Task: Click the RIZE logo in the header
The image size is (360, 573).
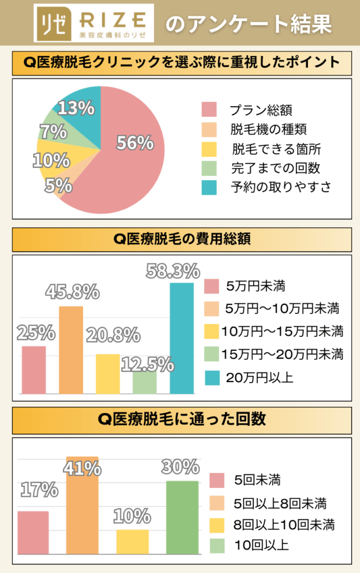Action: click(93, 23)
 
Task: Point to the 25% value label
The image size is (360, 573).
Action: click(36, 333)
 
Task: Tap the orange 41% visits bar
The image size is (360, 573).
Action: click(82, 506)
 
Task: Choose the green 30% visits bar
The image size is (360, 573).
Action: click(182, 518)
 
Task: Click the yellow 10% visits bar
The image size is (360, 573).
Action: click(133, 542)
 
